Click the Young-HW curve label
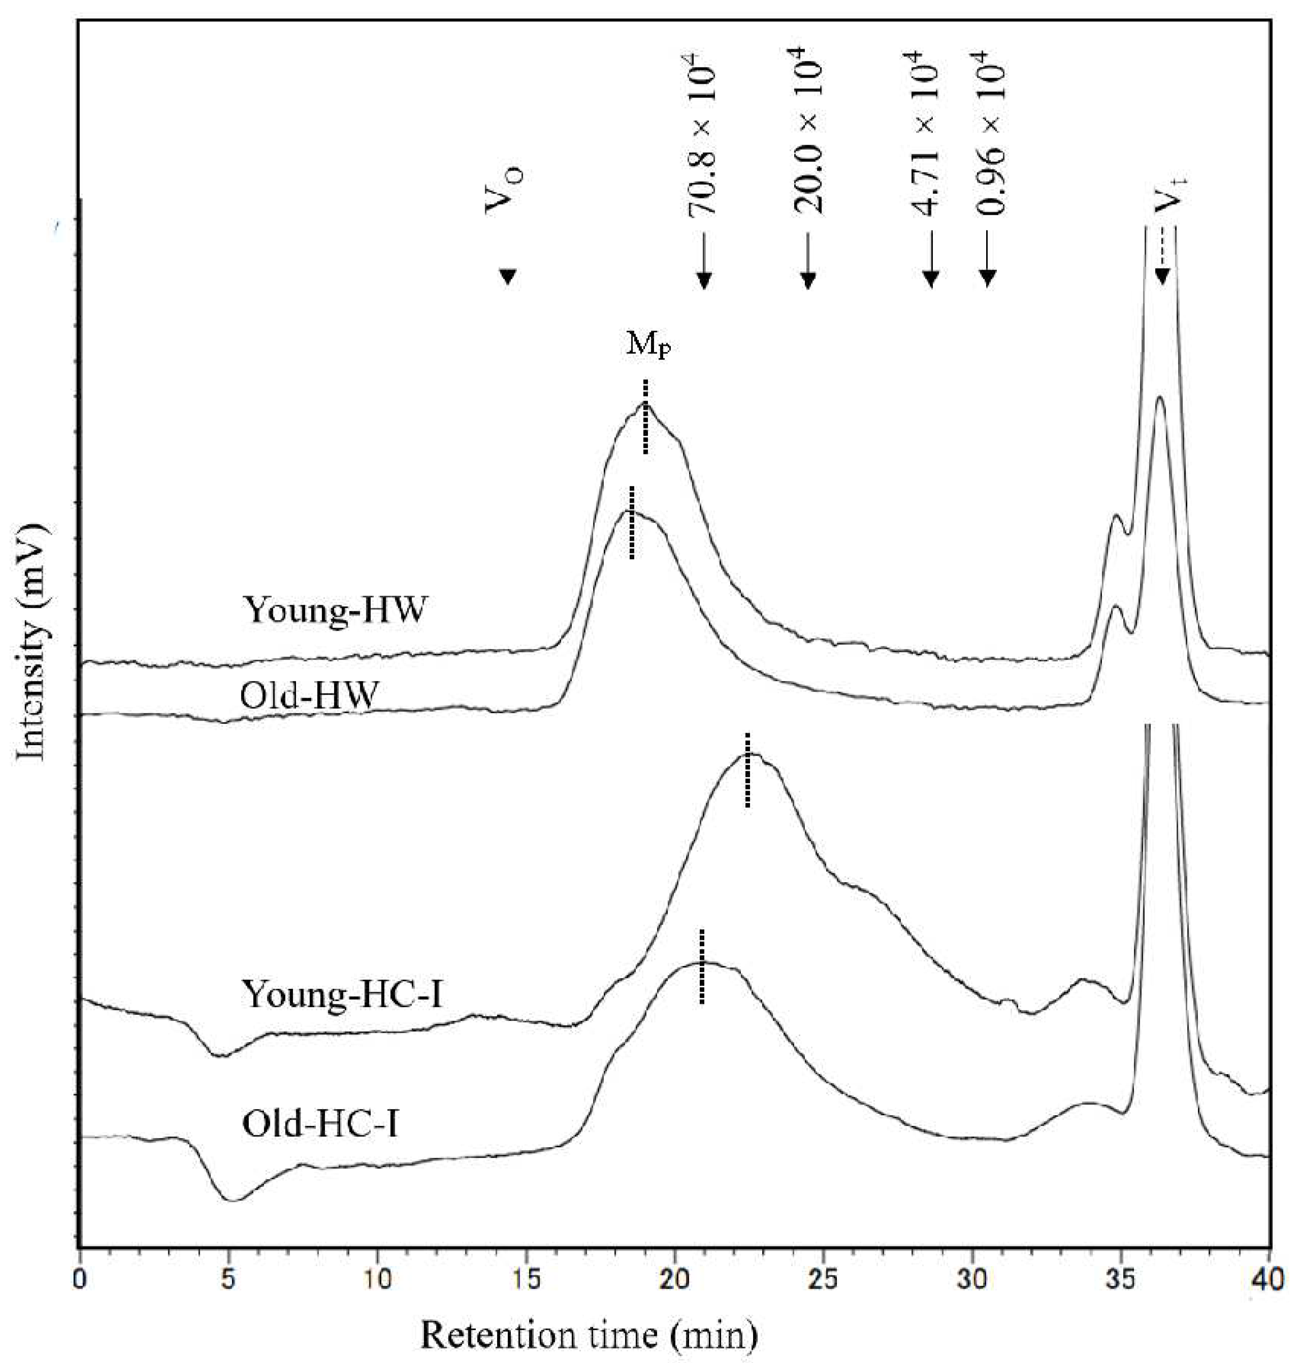point(335,610)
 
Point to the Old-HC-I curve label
point(320,1123)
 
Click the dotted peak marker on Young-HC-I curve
point(747,770)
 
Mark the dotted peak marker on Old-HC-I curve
point(701,966)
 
